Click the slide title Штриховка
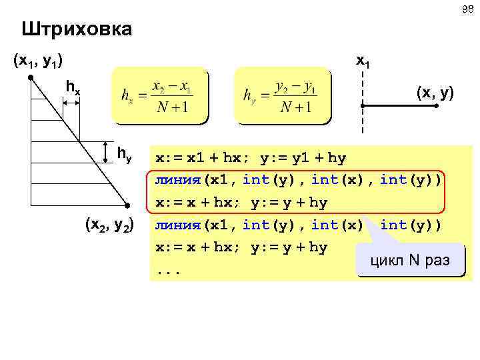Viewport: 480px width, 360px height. tap(76, 30)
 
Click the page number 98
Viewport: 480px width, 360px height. tap(465, 9)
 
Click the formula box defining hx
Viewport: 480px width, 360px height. tap(160, 96)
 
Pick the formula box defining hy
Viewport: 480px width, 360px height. tap(282, 96)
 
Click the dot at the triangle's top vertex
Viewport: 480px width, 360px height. tap(31, 78)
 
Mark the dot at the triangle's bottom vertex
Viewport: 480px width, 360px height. tap(126, 205)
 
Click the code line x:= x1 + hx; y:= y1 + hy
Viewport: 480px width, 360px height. tap(251, 158)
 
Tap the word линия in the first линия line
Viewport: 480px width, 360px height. tap(177, 180)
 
